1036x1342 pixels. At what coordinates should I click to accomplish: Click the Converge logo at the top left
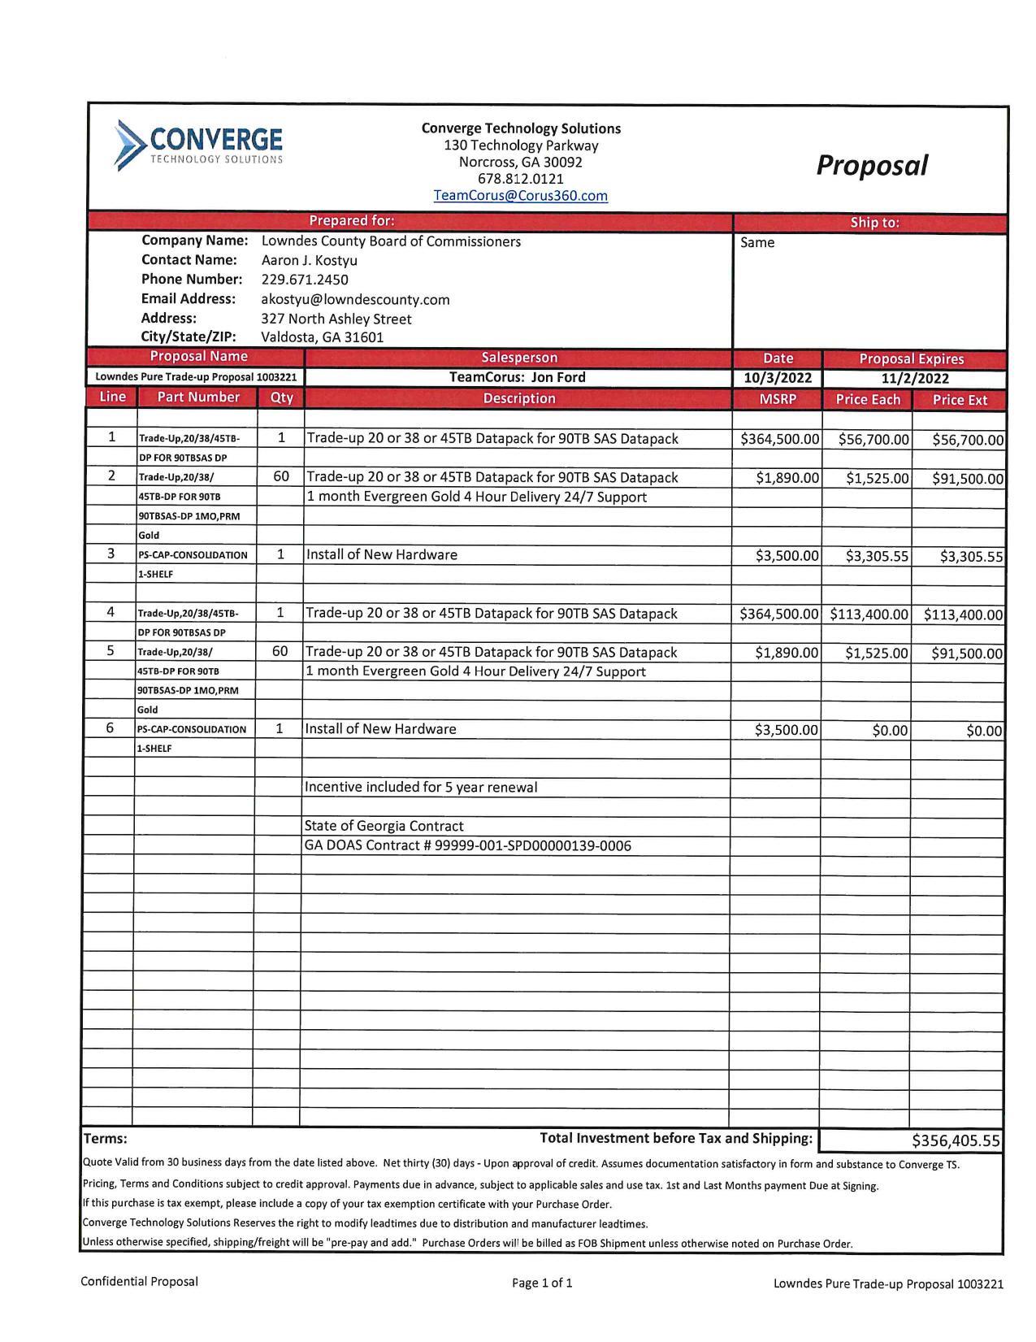199,144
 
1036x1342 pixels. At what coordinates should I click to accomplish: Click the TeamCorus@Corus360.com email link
520,196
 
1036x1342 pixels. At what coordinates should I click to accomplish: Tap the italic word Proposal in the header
871,165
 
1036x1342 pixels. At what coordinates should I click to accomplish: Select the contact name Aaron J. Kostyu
309,260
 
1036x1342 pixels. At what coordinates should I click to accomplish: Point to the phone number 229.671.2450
304,280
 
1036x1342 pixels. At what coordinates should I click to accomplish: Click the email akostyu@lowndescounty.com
355,299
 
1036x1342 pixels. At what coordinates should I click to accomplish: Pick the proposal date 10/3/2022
777,378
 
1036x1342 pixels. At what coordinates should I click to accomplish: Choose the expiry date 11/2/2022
915,378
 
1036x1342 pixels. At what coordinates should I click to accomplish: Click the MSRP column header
777,399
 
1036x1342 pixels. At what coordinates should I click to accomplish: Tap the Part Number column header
198,397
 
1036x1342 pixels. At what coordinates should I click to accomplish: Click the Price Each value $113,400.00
868,615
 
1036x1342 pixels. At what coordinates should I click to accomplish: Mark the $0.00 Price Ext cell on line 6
984,731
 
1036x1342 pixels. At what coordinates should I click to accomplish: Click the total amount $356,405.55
956,1140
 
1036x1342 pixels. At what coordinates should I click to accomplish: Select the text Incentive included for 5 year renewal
420,787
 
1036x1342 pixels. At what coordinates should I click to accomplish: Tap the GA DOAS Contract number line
467,845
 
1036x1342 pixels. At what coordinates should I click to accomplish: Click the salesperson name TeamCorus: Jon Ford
517,377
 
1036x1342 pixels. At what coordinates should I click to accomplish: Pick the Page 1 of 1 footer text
542,1283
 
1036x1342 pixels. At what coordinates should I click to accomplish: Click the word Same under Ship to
757,242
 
